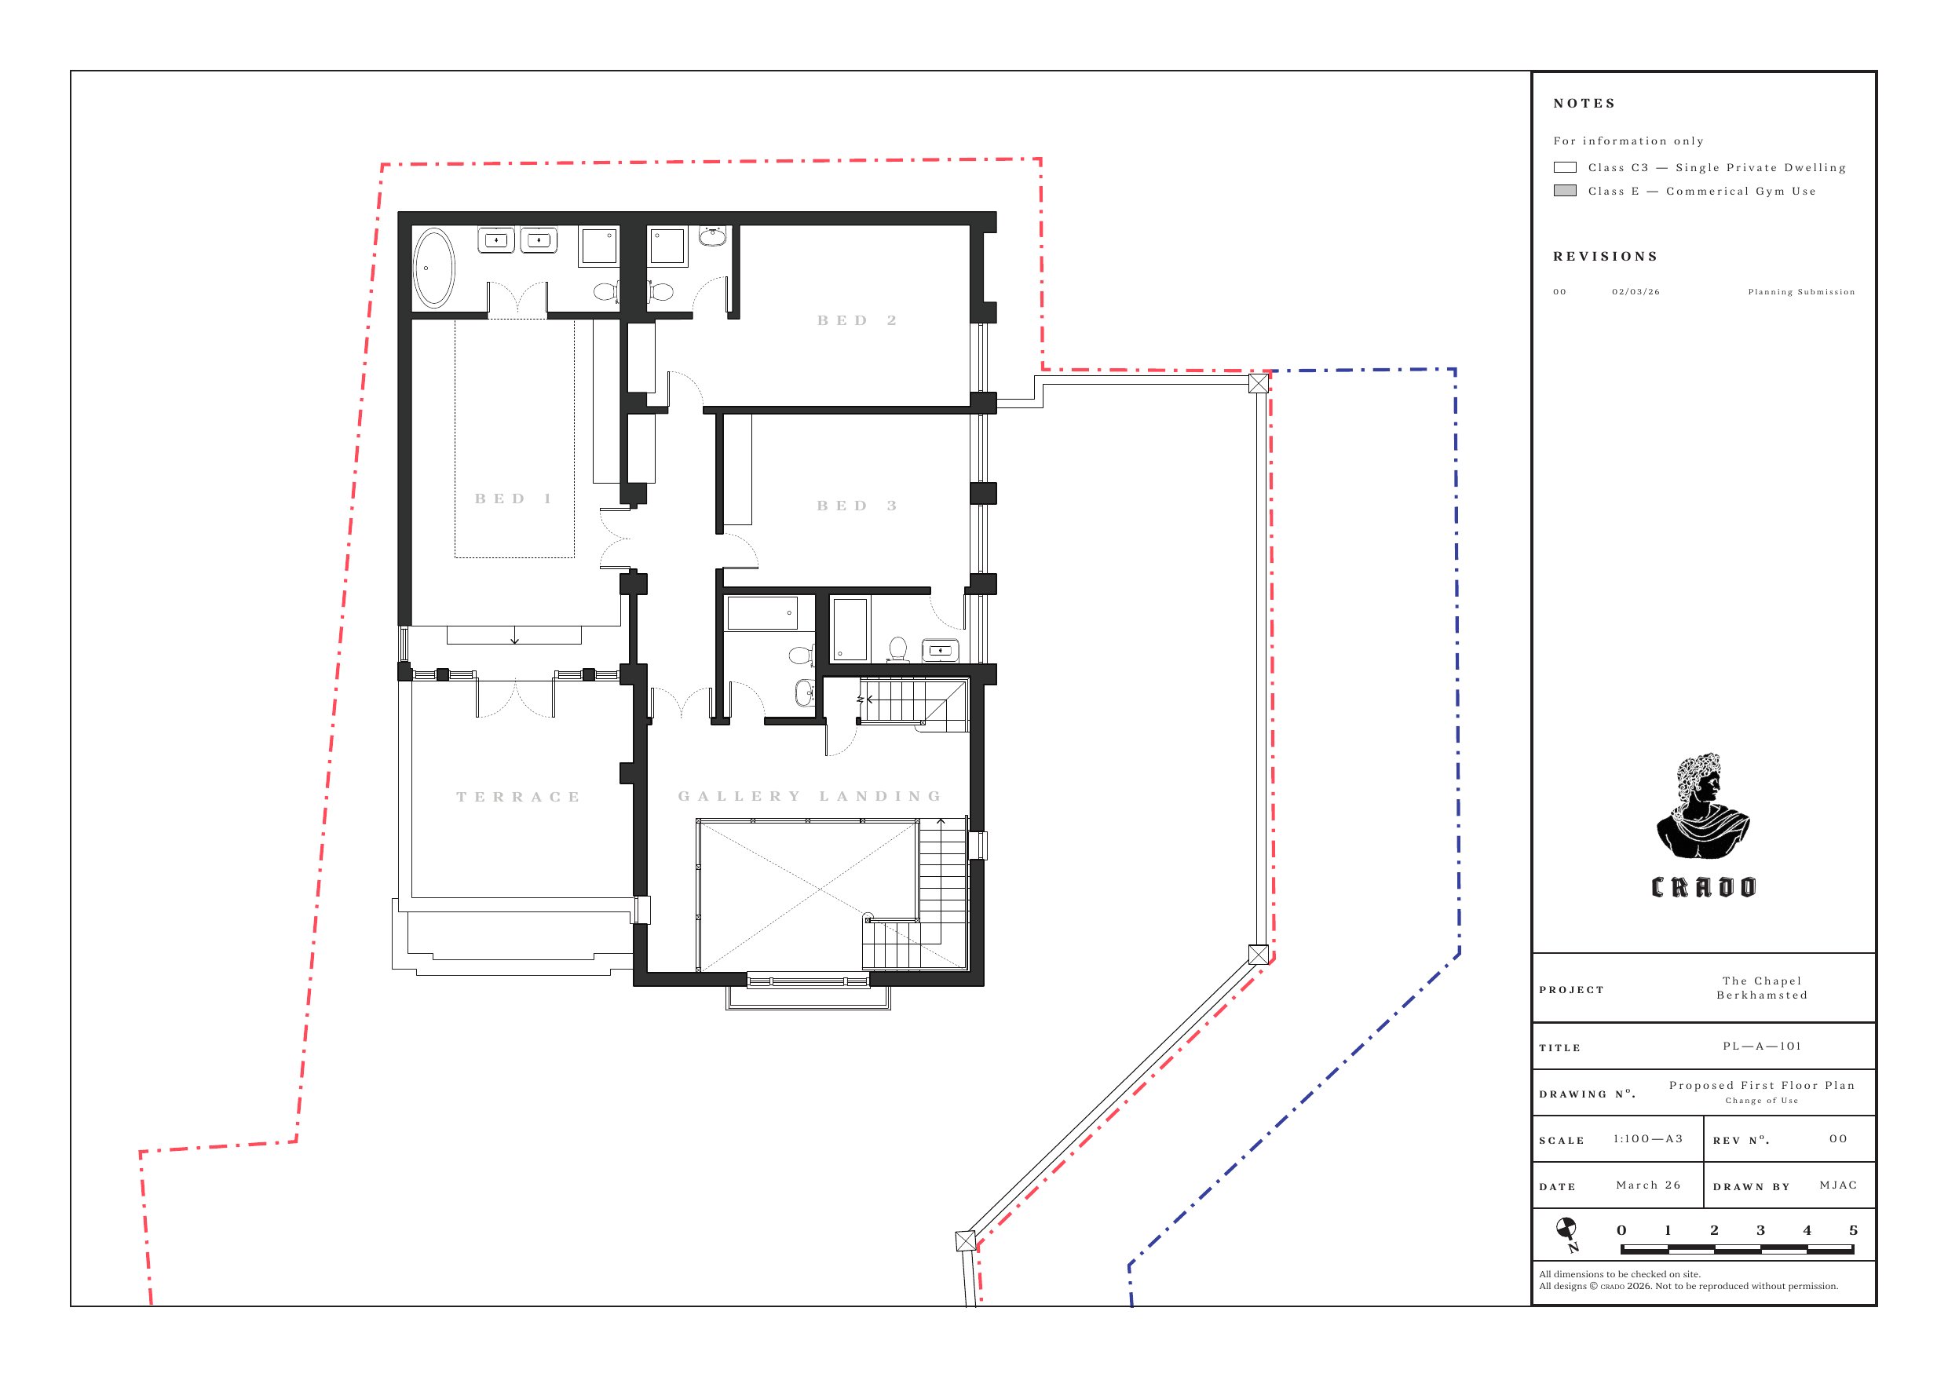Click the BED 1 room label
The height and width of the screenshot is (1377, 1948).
(x=513, y=499)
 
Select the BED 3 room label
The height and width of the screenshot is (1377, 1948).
(x=857, y=506)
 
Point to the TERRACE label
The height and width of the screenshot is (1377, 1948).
(x=518, y=797)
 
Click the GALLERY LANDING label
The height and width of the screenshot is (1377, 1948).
(x=810, y=796)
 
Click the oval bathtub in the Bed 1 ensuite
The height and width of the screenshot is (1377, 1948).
(x=433, y=266)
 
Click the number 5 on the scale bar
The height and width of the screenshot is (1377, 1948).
(x=1853, y=1230)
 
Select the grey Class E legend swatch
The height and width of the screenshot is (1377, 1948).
(x=1565, y=191)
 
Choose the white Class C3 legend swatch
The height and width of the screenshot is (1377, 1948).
(x=1565, y=167)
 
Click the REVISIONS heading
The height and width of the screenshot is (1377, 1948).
(x=1605, y=256)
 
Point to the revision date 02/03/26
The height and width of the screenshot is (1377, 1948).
(x=1636, y=292)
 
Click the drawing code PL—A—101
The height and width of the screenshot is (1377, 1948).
(x=1761, y=1046)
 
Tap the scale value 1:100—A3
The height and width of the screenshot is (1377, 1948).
(x=1647, y=1138)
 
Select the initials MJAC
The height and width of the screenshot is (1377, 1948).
(x=1839, y=1185)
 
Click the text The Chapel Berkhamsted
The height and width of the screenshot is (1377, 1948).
(x=1762, y=988)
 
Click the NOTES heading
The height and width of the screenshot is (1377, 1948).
(x=1584, y=104)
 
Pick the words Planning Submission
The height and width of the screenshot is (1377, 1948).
(x=1801, y=292)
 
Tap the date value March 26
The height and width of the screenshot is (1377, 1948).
(x=1647, y=1185)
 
